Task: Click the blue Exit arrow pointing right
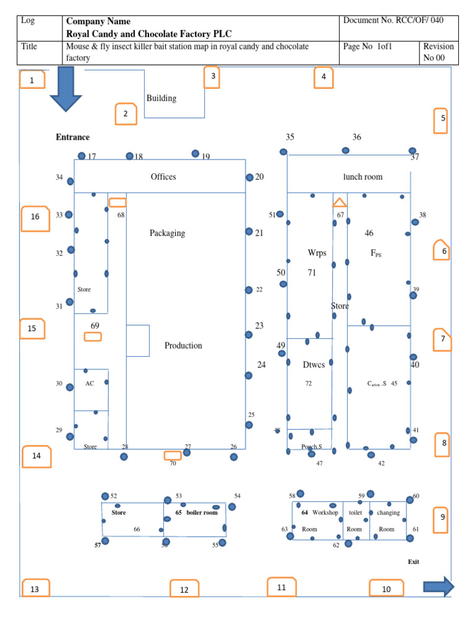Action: (x=439, y=586)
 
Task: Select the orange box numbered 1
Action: (x=32, y=80)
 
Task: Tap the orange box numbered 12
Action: (x=184, y=590)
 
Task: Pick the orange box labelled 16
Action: (x=35, y=218)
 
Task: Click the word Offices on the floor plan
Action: (x=163, y=177)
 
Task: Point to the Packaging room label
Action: (x=167, y=233)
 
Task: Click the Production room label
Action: (x=183, y=346)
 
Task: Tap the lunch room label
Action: (x=363, y=177)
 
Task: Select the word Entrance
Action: (x=72, y=137)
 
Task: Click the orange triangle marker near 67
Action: (x=340, y=202)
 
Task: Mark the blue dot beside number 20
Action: (x=249, y=177)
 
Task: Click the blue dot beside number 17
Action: (x=82, y=156)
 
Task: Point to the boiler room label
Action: (x=202, y=512)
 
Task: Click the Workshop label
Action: (x=325, y=512)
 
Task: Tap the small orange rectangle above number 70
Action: (x=173, y=456)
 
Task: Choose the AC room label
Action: (x=90, y=383)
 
